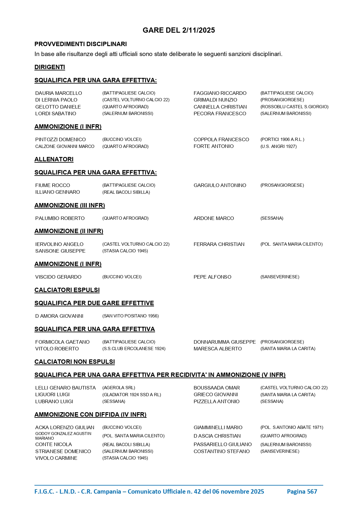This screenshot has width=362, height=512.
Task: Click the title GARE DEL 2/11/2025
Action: [179, 30]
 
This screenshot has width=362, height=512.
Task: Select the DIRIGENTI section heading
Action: [50, 67]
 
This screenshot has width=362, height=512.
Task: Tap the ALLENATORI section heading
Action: [54, 159]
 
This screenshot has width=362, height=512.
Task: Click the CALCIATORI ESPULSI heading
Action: [67, 290]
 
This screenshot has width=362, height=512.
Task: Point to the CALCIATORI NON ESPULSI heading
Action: [75, 362]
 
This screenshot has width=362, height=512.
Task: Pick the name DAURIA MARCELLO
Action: [59, 93]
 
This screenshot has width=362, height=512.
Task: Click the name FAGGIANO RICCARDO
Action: [220, 93]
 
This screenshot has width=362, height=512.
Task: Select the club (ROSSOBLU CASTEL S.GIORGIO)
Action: [294, 107]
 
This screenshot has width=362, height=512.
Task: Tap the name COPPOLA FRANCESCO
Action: [221, 139]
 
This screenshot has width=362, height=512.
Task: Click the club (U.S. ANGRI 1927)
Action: [279, 146]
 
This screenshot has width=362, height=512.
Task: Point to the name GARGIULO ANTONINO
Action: [220, 185]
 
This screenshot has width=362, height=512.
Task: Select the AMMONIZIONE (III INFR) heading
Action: [70, 205]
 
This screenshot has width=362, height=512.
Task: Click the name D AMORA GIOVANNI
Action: [59, 316]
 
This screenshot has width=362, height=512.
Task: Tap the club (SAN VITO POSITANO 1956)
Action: [130, 316]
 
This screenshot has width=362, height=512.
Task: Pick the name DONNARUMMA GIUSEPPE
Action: [225, 342]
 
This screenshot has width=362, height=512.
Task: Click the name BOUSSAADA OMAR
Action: [217, 388]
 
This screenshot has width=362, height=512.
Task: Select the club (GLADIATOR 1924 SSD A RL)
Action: [132, 395]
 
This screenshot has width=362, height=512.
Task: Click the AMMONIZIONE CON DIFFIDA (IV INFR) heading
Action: [90, 415]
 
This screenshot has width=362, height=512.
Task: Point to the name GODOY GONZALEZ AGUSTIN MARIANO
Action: [63, 436]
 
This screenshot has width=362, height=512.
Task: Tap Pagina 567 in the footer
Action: [302, 492]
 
